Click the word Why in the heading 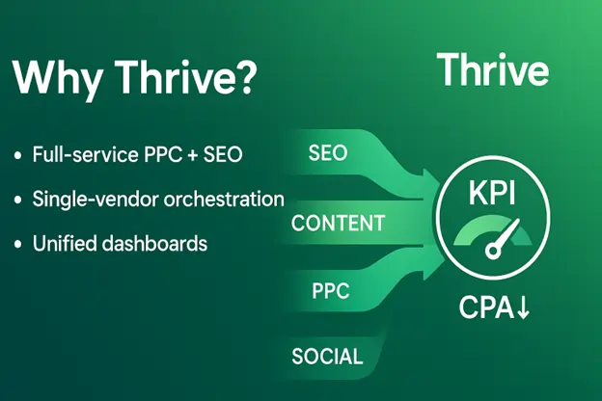tap(58, 78)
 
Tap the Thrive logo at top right tap(493, 69)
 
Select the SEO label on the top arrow tap(328, 152)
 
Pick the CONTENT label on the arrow tap(338, 223)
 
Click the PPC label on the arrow tap(331, 291)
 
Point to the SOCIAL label tap(327, 357)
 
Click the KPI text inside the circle tap(492, 193)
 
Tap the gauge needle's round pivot tap(493, 251)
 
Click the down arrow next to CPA tap(523, 307)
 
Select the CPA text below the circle tap(486, 307)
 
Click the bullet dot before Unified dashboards tap(17, 245)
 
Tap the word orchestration tap(224, 200)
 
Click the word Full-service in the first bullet tap(85, 154)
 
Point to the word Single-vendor tap(96, 200)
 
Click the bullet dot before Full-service tap(17, 155)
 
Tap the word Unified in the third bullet tap(65, 243)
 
